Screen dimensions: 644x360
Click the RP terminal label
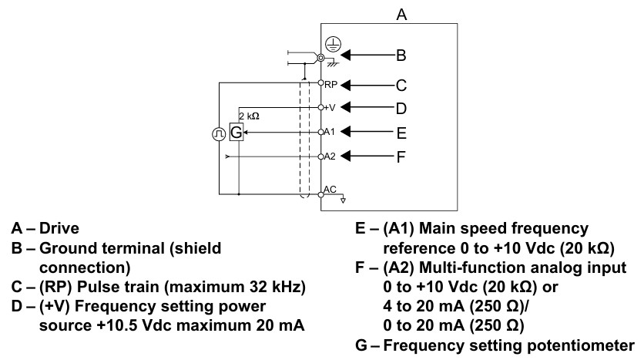pos(330,85)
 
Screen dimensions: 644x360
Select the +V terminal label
pos(330,108)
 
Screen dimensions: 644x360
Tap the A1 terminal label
pos(330,132)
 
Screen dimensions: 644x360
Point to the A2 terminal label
pos(330,156)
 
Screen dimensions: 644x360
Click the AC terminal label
pos(330,190)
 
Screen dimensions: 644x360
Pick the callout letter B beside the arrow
pos(401,55)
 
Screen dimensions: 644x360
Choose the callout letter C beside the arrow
pos(401,86)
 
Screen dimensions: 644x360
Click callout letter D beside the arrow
pos(401,109)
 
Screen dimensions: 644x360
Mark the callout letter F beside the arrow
pos(401,156)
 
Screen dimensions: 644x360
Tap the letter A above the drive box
pos(401,15)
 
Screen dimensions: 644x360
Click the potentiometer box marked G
pos(236,132)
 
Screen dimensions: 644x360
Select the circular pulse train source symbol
pos(219,134)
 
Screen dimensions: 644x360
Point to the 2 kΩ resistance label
pos(250,116)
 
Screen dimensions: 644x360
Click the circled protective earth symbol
pos(333,45)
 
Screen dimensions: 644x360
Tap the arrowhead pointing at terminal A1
pos(345,132)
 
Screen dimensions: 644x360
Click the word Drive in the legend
pos(59,228)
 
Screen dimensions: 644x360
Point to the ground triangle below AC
pos(344,200)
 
